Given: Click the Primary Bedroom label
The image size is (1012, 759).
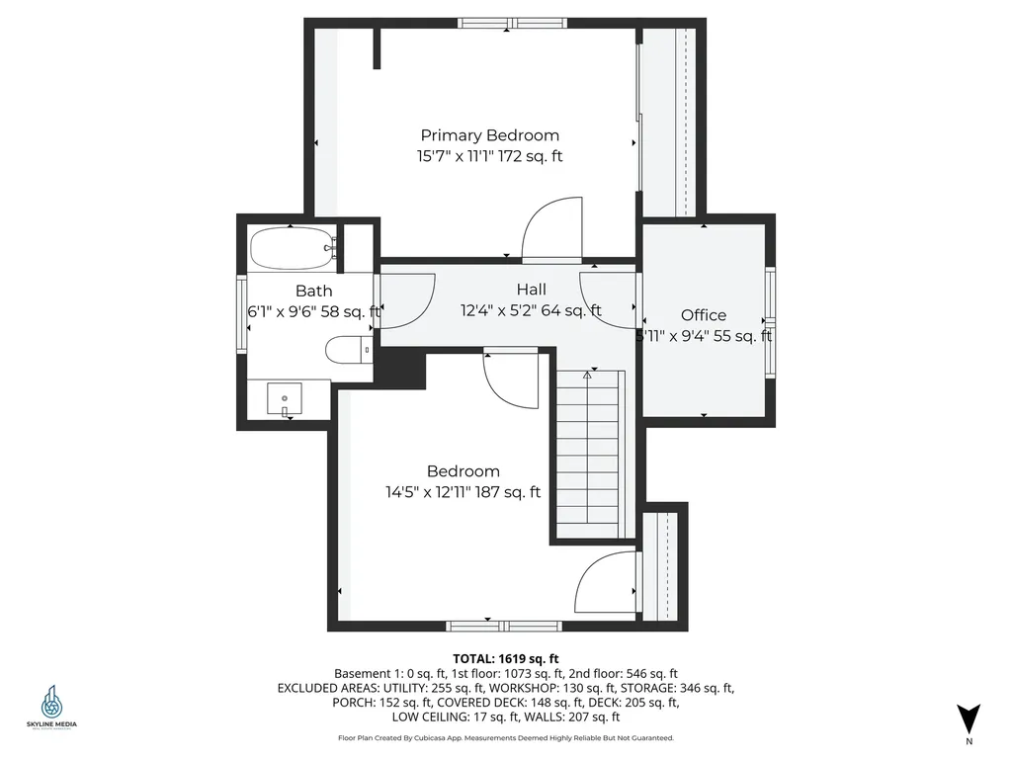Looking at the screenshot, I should pos(490,135).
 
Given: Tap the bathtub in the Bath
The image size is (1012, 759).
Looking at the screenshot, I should pos(293,248).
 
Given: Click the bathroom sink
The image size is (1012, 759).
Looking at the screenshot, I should pos(286,400).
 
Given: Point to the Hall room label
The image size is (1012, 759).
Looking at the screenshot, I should pos(531,290).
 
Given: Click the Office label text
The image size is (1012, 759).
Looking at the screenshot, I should pos(703,315).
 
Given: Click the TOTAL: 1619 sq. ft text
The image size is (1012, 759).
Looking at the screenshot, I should pos(506,657).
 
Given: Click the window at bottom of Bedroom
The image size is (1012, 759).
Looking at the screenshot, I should pos(504,625).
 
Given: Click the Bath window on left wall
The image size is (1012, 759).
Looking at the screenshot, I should pos(240,313).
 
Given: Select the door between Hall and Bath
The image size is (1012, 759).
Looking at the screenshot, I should pos(405,299).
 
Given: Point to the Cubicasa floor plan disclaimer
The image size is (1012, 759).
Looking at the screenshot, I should pos(506,738).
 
